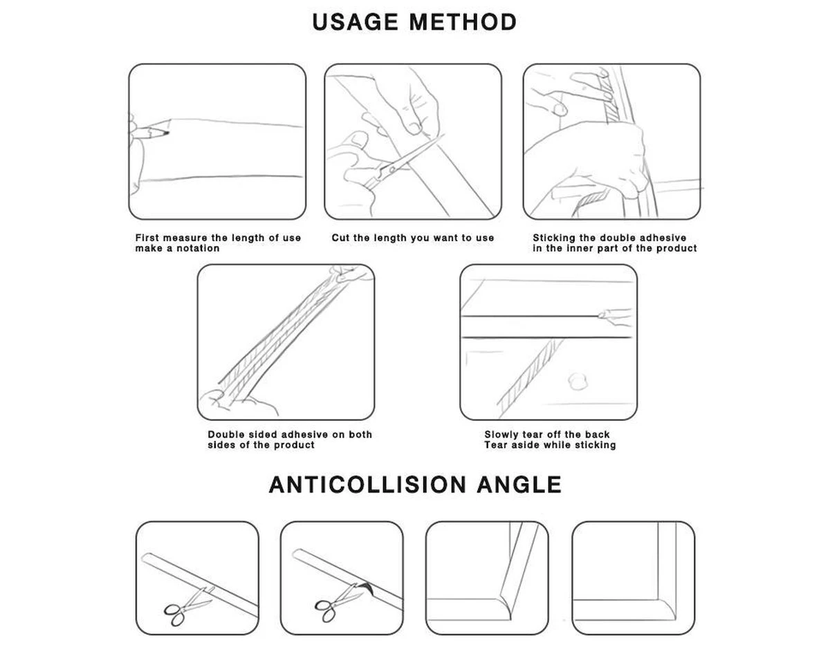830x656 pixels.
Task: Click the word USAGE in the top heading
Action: pos(355,22)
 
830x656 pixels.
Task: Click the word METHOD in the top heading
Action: pos(463,22)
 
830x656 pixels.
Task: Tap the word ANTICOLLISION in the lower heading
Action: pos(367,485)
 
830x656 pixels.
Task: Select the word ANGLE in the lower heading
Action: pos(519,485)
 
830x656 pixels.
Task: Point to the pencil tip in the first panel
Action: pos(167,133)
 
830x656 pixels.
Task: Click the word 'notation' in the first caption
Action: pos(198,248)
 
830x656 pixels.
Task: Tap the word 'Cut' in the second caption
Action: pos(340,238)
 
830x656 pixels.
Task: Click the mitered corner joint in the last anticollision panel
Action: pos(667,610)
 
